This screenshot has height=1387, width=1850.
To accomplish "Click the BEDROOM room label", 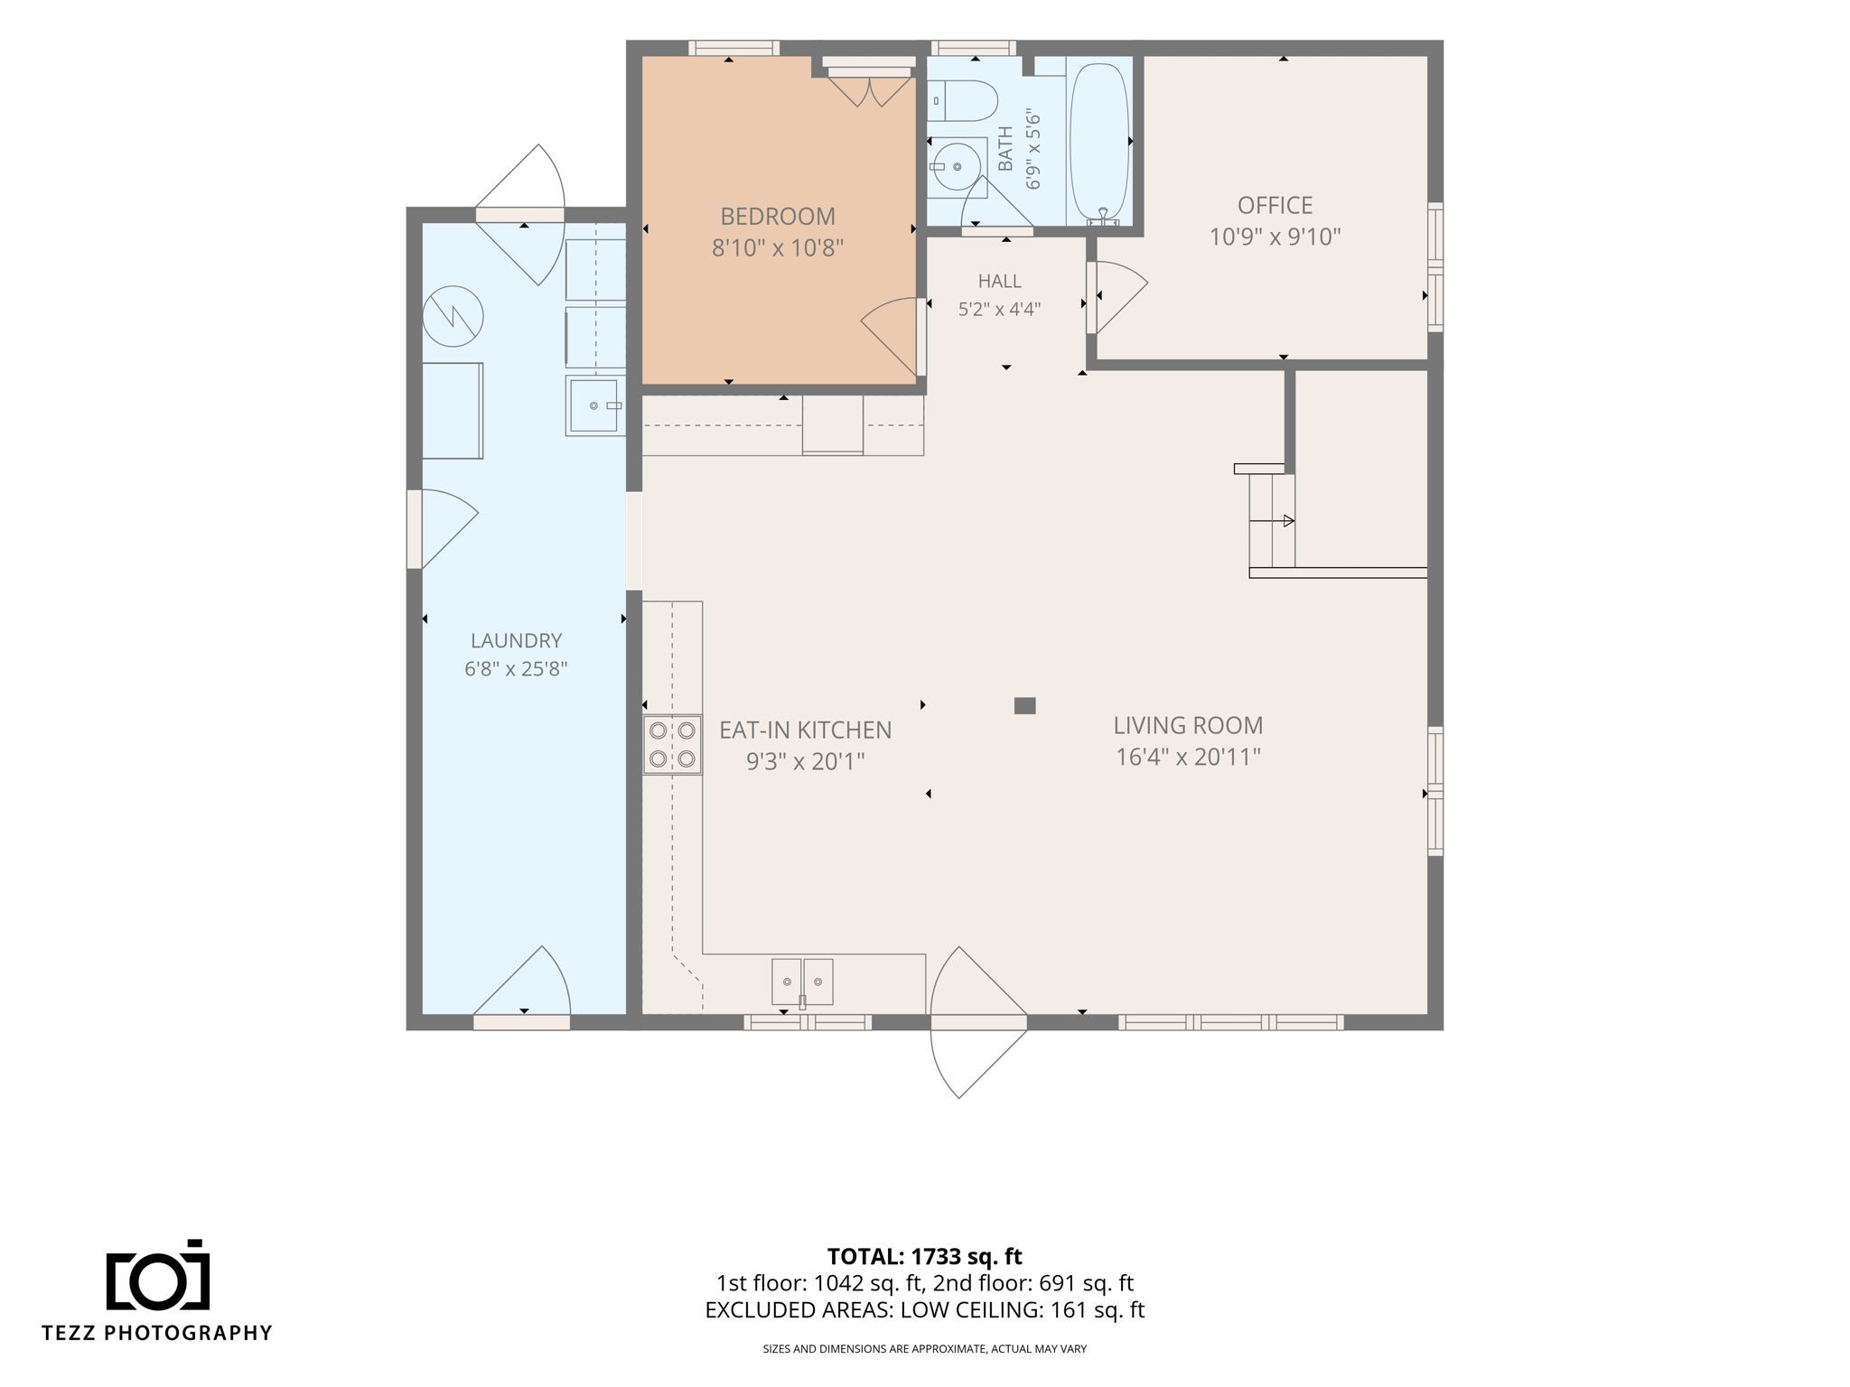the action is point(778,217).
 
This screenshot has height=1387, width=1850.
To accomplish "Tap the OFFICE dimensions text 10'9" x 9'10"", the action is point(1275,237).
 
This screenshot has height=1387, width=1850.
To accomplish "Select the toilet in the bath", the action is point(962,101).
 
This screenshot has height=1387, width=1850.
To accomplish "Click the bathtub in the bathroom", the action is point(1098,142).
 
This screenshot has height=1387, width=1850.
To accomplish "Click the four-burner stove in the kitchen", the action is point(673,744).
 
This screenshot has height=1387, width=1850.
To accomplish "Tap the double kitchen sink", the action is point(802,982).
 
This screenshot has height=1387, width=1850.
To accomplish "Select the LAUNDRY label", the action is point(516,640).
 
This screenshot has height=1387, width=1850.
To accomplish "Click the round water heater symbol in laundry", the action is point(453,315).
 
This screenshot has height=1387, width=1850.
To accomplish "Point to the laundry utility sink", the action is point(595,406).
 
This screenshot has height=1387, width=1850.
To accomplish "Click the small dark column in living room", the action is point(1024,705).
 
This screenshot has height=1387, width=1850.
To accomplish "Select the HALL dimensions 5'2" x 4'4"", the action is point(999,310).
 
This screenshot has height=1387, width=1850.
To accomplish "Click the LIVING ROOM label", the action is point(1188,725).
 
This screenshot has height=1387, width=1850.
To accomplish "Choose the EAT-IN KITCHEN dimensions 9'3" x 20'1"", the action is point(805,762).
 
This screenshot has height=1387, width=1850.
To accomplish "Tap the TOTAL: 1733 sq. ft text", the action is point(924,1256).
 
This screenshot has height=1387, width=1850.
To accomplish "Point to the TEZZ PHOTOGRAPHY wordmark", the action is point(157,1333).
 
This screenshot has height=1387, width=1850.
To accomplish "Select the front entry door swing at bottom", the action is point(978,1022).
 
